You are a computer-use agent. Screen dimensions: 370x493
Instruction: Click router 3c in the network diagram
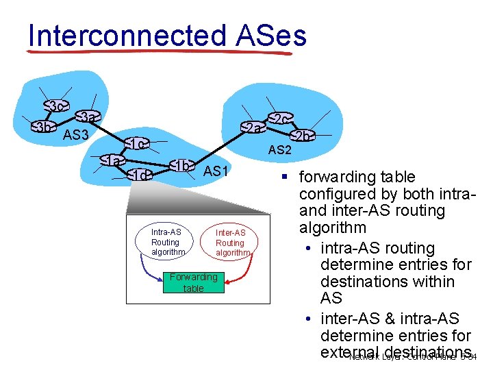pos(58,106)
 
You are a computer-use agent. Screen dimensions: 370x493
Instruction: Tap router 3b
pos(44,127)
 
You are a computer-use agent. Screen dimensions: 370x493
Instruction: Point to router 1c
pos(137,144)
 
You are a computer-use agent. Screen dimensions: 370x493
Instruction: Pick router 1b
pos(182,166)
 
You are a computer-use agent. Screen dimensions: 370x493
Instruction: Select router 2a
pos(253,128)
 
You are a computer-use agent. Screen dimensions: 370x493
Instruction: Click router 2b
pos(302,136)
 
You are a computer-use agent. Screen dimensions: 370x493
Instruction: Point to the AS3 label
pos(76,135)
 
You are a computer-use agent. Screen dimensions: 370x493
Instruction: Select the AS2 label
pos(279,150)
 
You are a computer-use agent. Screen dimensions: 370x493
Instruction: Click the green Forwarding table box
pos(193,282)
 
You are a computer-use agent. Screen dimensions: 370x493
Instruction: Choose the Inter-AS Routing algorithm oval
pos(230,243)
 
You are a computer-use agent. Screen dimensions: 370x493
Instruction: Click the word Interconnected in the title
pos(127,36)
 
